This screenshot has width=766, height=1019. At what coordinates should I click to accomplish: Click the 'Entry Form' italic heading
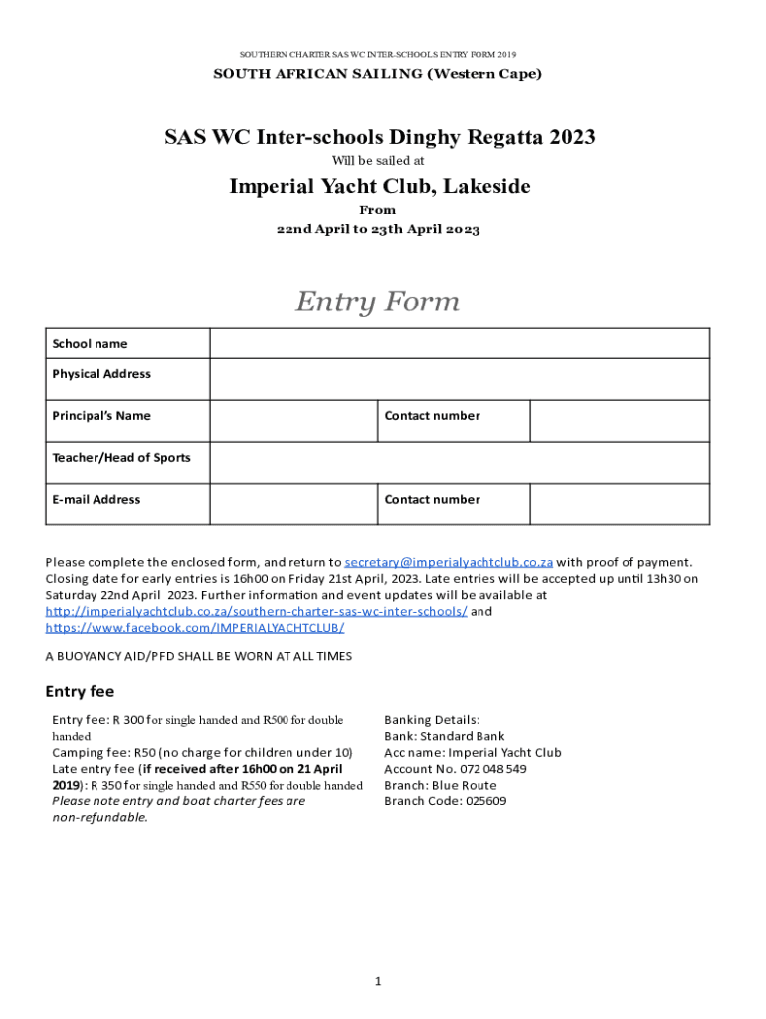click(377, 302)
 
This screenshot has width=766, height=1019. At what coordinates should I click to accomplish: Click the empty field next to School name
click(459, 344)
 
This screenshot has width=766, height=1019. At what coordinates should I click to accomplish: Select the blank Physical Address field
click(459, 379)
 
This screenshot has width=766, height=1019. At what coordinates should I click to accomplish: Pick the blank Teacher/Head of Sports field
click(459, 463)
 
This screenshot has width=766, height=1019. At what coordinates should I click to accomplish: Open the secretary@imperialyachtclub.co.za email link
click(449, 562)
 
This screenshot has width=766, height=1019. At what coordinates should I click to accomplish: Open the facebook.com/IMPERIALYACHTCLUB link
click(195, 628)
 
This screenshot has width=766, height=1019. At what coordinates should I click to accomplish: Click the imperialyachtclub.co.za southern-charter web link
click(256, 611)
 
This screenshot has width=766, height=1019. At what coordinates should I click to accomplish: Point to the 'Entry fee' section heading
click(81, 691)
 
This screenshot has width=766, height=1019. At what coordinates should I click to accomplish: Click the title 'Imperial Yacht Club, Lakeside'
click(380, 187)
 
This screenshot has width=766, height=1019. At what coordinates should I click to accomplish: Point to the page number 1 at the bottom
click(378, 982)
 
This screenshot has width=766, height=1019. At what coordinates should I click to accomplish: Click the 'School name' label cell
click(91, 344)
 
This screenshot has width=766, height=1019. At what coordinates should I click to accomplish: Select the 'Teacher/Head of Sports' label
click(121, 458)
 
